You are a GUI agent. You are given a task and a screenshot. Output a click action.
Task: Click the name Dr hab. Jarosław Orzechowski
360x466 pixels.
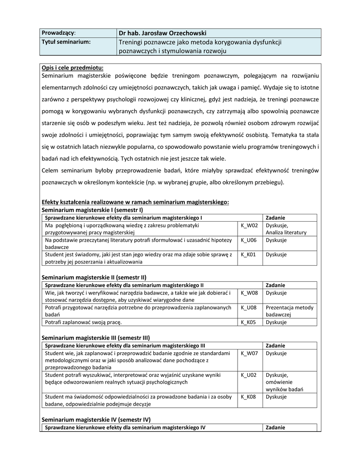click(162, 33)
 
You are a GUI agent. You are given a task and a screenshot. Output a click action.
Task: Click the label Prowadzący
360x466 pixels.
click(59, 33)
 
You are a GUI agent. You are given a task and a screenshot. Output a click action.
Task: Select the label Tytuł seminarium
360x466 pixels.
click(66, 42)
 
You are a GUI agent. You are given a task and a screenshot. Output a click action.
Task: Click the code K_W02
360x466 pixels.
click(249, 225)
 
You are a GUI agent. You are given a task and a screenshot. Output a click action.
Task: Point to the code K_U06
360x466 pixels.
click(248, 240)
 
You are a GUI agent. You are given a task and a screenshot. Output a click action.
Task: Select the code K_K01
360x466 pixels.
click(248, 254)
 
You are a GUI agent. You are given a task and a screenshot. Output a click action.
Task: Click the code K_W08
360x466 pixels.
click(249, 293)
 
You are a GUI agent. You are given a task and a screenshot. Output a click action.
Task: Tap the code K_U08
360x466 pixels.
click(248, 308)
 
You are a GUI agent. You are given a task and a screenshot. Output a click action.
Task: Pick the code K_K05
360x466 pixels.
click(248, 322)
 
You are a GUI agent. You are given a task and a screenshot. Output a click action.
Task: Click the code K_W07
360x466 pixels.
click(249, 353)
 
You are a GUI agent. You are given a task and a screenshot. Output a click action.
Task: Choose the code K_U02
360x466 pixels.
click(248, 375)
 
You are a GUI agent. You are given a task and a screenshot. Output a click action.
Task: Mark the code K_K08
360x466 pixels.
click(248, 396)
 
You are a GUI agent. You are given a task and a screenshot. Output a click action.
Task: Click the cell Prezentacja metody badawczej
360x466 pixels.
click(289, 311)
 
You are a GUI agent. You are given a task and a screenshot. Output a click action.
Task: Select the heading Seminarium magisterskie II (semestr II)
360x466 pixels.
click(94, 277)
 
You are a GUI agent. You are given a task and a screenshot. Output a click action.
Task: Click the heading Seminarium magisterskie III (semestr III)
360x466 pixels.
click(96, 338)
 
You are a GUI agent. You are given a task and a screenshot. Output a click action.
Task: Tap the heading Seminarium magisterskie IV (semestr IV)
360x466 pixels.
click(96, 419)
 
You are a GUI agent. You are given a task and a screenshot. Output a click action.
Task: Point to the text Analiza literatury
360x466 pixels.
click(286, 233)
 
